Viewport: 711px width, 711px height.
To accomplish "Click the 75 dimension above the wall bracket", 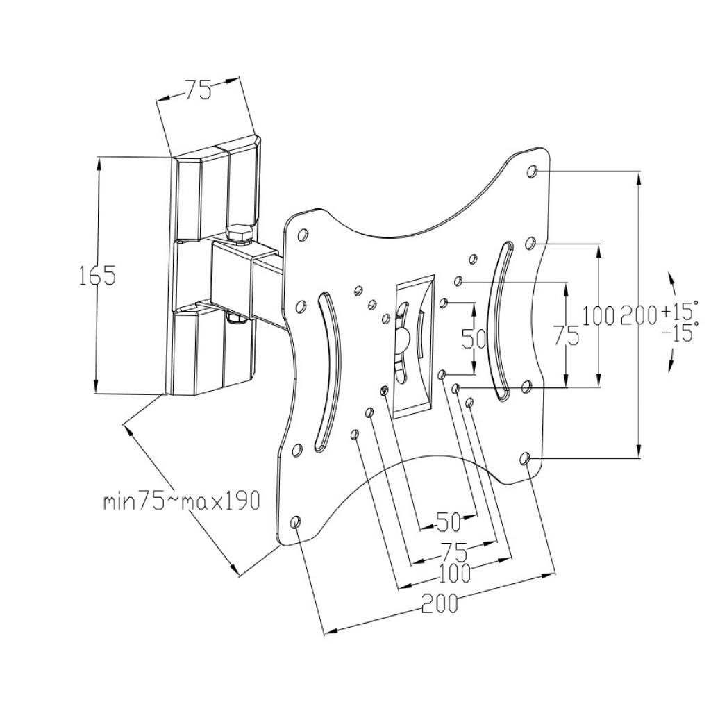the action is tap(198, 90).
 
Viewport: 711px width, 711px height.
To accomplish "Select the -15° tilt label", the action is tap(678, 333).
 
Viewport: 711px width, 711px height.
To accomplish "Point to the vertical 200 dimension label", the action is tap(639, 316).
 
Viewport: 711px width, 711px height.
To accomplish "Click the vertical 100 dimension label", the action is tap(599, 316).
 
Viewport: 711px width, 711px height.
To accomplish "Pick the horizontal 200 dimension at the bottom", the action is tap(440, 603).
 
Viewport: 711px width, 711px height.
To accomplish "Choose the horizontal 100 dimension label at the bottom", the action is tap(454, 574).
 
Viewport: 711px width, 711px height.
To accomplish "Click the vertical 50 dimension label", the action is tap(474, 338).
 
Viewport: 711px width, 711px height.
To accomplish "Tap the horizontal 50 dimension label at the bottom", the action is tap(448, 522).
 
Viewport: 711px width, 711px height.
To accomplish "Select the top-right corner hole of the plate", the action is tap(533, 172).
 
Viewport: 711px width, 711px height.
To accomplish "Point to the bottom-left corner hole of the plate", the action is tap(296, 521).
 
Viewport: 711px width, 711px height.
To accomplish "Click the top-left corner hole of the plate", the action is tap(302, 235).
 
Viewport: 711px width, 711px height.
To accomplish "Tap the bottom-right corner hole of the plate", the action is tap(525, 459).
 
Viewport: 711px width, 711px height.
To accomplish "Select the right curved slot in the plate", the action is tap(501, 322).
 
